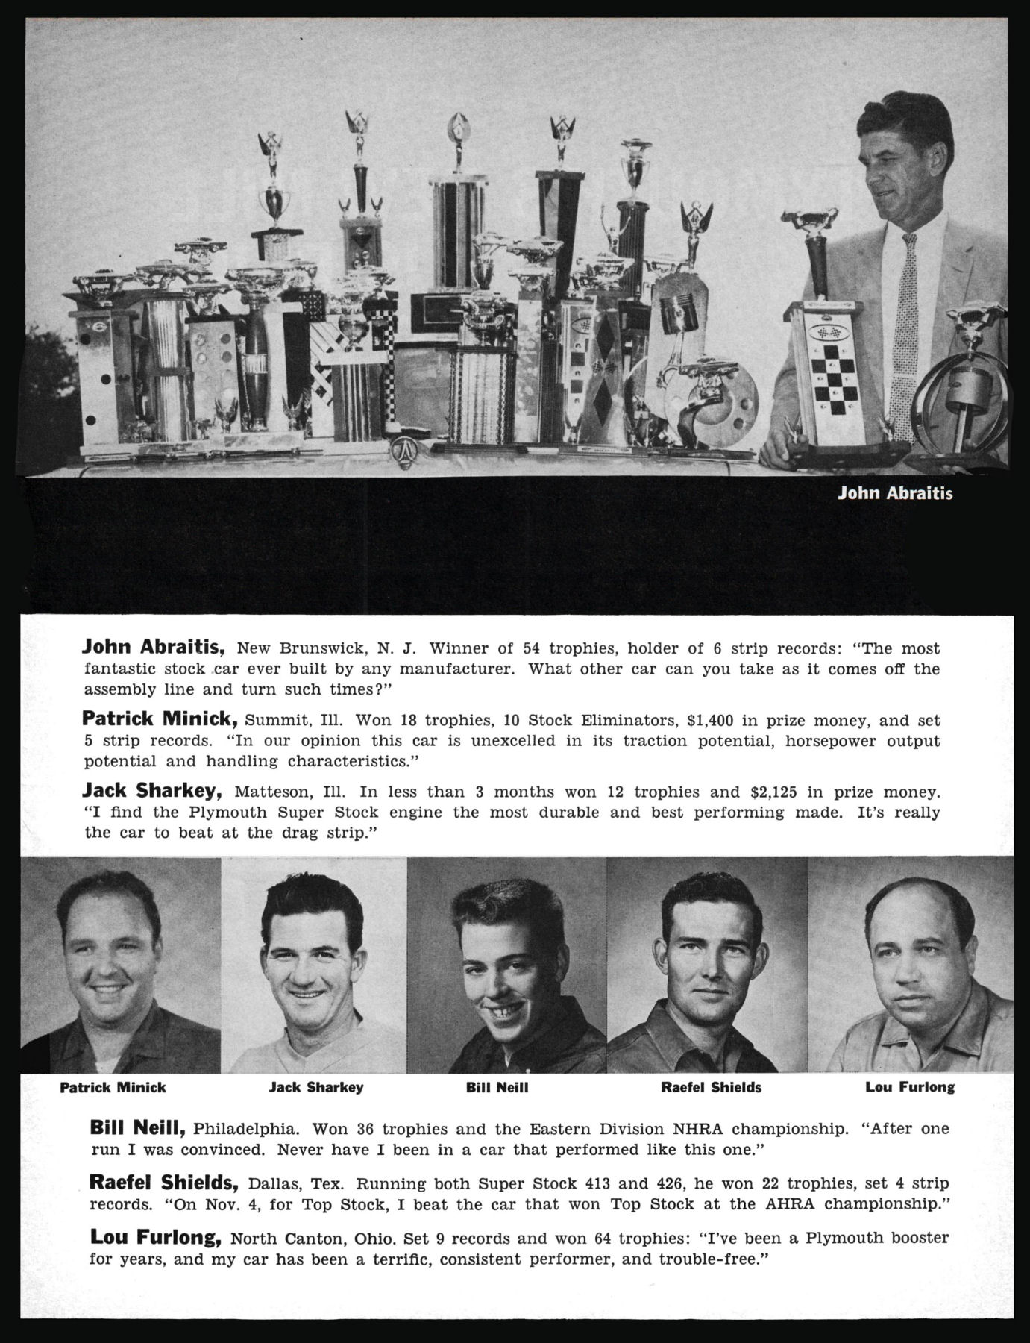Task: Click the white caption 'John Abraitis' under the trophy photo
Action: pos(895,493)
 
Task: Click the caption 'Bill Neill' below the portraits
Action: pos(497,1087)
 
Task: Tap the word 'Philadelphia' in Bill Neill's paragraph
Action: pos(246,1129)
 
